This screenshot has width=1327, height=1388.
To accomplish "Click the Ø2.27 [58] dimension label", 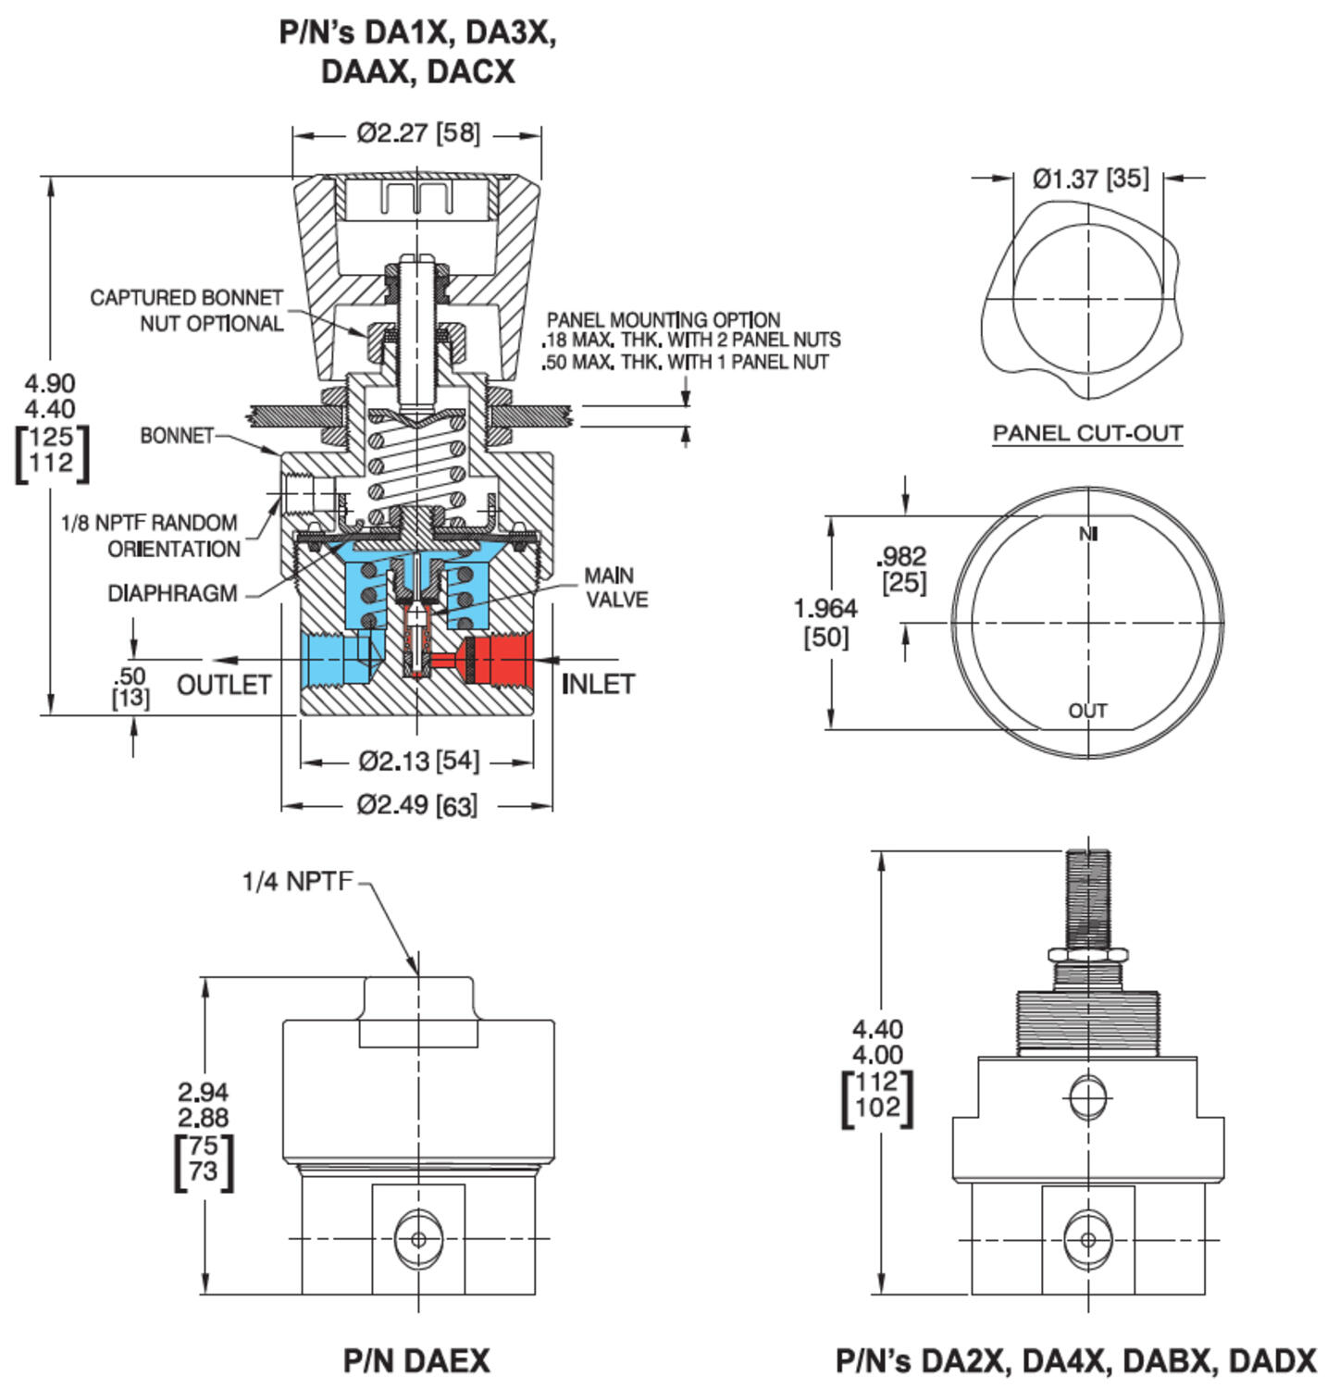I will (418, 133).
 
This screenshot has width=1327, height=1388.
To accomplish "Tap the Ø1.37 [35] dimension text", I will (1090, 178).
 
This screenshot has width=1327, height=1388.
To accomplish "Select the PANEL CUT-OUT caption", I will (1087, 433).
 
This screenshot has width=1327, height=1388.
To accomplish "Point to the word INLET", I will (598, 685).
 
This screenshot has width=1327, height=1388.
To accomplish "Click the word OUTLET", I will (224, 686).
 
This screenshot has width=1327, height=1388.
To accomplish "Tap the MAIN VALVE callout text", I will (614, 588).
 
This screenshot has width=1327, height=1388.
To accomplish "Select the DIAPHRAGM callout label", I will (173, 593).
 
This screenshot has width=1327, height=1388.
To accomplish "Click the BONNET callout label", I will (177, 435).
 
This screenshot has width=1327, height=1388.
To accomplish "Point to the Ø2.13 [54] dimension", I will (418, 762).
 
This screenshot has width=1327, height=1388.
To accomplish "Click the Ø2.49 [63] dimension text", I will (417, 805).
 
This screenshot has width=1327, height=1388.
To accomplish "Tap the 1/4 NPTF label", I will (297, 881).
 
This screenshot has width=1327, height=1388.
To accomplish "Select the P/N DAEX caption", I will (416, 1360).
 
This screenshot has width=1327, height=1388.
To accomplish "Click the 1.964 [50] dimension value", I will (825, 622).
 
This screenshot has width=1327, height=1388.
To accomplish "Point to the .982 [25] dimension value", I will (901, 569).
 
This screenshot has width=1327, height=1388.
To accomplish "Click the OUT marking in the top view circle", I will (1087, 711).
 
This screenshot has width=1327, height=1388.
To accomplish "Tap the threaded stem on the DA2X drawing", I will (1088, 898).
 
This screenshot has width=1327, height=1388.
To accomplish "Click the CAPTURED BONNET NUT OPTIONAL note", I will (186, 310).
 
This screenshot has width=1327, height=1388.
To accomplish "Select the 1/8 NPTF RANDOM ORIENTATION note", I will (150, 536).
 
